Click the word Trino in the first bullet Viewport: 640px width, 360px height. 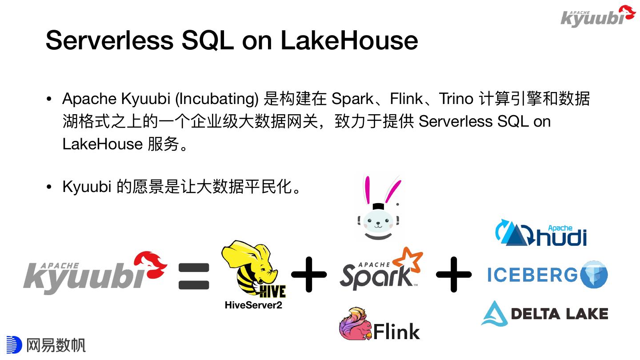pyautogui.click(x=456, y=99)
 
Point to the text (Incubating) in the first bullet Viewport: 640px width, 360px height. pyautogui.click(x=217, y=99)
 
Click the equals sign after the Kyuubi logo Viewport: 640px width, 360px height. pyautogui.click(x=194, y=276)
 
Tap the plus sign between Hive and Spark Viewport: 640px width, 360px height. pyautogui.click(x=309, y=274)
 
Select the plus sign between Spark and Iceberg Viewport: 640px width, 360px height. pyautogui.click(x=453, y=274)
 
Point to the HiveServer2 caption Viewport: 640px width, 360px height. pyautogui.click(x=253, y=305)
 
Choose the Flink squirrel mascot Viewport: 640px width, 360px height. pyautogui.click(x=356, y=324)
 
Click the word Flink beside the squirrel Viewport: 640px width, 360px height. pyautogui.click(x=396, y=332)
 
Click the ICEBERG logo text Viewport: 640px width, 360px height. pyautogui.click(x=532, y=275)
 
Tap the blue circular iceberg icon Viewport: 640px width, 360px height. pyautogui.click(x=593, y=275)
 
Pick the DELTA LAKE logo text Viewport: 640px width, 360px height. pyautogui.click(x=559, y=314)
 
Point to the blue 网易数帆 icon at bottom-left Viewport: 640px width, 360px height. pyautogui.click(x=13, y=345)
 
